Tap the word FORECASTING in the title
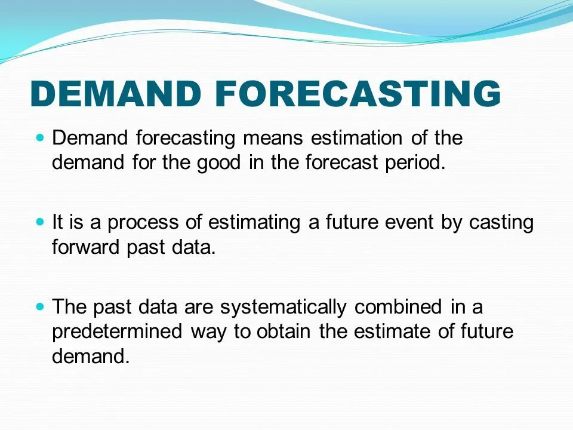358,93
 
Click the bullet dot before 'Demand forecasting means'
40,138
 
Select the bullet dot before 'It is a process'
40,222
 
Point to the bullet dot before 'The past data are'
40,306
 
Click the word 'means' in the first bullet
273,138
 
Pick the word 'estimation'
357,137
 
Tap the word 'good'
218,163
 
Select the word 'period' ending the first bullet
415,163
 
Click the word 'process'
142,223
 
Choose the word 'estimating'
254,223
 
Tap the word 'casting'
501,223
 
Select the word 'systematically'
283,308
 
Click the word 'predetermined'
117,332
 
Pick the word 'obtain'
284,331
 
